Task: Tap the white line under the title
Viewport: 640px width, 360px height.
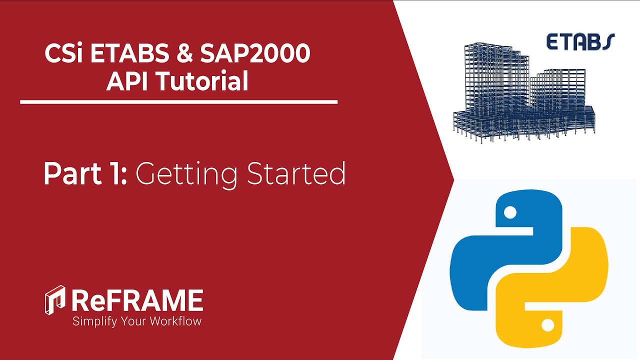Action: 178,102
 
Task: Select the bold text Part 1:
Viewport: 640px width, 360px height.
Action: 85,174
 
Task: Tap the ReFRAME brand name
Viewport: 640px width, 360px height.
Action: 137,300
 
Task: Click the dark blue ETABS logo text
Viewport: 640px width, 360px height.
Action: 580,42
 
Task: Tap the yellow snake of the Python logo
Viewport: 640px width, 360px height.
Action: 555,295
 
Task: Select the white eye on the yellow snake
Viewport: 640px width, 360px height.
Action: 547,325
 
